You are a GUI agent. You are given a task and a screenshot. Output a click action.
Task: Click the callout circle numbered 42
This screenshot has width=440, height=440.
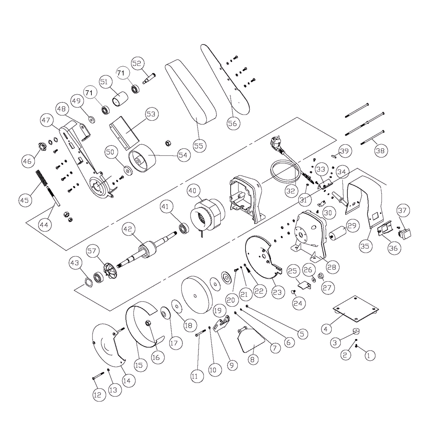click(128, 229)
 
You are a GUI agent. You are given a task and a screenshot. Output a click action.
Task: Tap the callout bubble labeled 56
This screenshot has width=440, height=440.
click(233, 124)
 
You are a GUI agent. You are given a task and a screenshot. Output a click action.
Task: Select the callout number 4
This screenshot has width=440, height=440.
click(326, 329)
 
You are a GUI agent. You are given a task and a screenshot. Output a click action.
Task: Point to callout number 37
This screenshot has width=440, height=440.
click(403, 210)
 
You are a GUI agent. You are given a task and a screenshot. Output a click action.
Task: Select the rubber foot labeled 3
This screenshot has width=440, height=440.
click(356, 331)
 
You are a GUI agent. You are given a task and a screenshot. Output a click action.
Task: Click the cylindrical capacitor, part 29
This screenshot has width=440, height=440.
click(337, 233)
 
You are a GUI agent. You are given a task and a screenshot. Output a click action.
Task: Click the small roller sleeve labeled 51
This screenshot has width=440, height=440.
click(120, 98)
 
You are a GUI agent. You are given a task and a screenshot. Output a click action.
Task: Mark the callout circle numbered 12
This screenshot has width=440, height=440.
click(99, 395)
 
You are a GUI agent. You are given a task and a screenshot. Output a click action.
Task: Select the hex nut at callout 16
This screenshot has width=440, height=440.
click(148, 323)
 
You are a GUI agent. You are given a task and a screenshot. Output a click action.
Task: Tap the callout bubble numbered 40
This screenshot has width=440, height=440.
click(193, 191)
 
